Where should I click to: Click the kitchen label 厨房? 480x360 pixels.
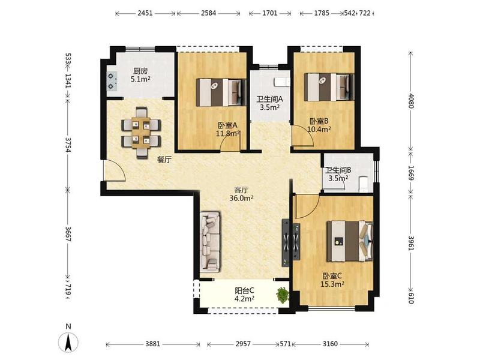pos(140,71)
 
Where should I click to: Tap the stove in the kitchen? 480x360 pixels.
pos(112,81)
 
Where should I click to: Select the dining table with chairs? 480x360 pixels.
pos(141,133)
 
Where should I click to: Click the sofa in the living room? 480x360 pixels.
pos(210,242)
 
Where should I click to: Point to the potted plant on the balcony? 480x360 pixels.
pos(283,295)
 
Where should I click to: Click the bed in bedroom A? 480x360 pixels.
pos(221,92)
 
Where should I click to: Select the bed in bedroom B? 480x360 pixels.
pos(329,87)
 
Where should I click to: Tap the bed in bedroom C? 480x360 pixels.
pos(350,241)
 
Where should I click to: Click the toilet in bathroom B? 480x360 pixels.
pos(364,184)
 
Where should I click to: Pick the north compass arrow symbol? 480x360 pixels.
pos(68,341)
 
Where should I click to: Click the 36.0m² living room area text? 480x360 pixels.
pos(241,199)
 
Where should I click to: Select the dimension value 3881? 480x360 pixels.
pos(153,344)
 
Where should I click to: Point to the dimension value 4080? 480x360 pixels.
pos(411,101)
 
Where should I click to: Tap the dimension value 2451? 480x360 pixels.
pos(145,13)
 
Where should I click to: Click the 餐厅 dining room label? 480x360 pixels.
pos(164,160)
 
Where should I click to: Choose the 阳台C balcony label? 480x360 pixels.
pos(244,290)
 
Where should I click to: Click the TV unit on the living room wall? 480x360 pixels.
pos(290,243)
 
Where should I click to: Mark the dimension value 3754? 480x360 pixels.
pos(68,145)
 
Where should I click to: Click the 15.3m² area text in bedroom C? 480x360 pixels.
pos(332,284)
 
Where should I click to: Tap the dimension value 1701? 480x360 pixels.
pos(270,13)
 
